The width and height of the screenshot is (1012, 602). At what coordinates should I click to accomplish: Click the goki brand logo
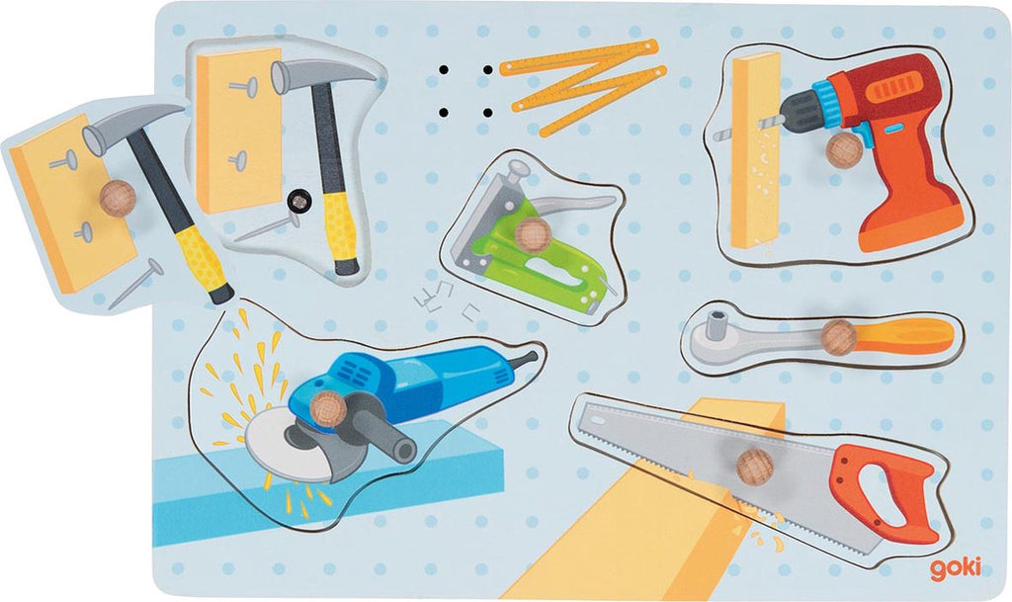(x=956, y=568)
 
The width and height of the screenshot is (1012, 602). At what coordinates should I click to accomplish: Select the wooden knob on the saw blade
(x=754, y=467)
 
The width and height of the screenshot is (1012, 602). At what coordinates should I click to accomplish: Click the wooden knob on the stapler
(x=533, y=234)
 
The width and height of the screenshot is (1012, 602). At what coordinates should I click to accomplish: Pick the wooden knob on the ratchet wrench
(x=838, y=337)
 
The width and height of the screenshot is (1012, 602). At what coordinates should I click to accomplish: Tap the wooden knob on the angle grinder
(x=328, y=409)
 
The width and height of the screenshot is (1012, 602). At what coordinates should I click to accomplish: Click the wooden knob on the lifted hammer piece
(x=118, y=198)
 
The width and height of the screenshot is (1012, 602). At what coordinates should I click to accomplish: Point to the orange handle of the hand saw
(x=885, y=493)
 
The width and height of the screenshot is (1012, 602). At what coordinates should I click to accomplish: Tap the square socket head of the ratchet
(x=716, y=324)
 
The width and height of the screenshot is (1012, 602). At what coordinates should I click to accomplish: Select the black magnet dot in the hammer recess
(x=298, y=202)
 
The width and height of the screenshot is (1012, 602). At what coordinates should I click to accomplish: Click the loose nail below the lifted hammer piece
(x=135, y=284)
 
